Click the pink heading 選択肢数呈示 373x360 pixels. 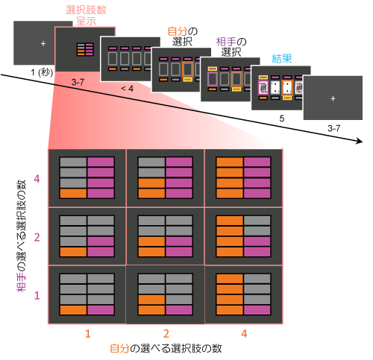click(86, 16)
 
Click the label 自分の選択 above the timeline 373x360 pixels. click(183, 37)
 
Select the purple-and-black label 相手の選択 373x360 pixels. click(231, 47)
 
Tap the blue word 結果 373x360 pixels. click(282, 59)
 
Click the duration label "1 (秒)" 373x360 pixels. click(42, 72)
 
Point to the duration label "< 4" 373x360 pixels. click(127, 88)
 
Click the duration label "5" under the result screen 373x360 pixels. click(281, 119)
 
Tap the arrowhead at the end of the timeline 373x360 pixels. click(360, 142)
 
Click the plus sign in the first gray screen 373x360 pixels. click(43, 43)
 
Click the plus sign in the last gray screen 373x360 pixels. click(333, 98)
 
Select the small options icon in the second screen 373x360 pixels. click(85, 49)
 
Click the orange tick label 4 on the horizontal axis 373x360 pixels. click(244, 333)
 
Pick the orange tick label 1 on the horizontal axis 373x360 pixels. click(87, 334)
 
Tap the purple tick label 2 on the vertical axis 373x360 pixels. click(37, 237)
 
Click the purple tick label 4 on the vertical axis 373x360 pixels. click(37, 179)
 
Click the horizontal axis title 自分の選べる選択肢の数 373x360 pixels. click(166, 348)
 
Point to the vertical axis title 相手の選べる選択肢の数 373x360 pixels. click(22, 236)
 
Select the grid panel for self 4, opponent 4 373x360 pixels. click(243, 177)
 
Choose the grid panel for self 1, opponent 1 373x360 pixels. click(87, 294)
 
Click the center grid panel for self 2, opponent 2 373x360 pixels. click(166, 236)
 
